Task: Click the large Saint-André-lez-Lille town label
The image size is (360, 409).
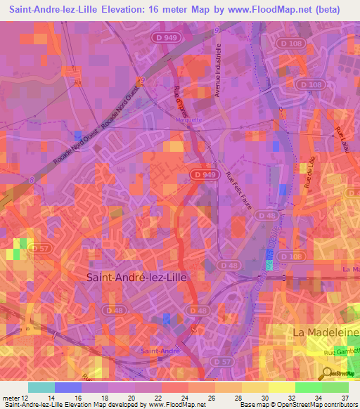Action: [x=136, y=277]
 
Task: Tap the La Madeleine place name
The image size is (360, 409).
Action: [x=324, y=330]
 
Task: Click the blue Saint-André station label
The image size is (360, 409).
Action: [x=160, y=350]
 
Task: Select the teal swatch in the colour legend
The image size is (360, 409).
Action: [x=41, y=387]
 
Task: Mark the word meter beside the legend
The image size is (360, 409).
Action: [x=10, y=396]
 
